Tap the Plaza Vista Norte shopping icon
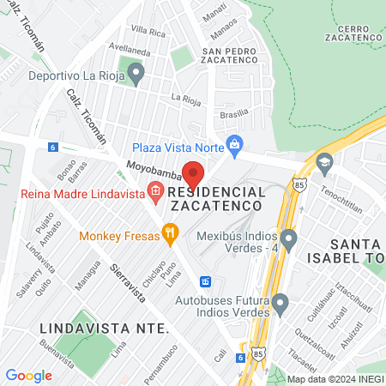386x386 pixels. (232, 142)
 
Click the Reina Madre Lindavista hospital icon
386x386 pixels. (156, 192)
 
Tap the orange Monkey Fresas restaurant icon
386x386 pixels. (171, 231)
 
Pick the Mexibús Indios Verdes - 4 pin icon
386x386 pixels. (289, 237)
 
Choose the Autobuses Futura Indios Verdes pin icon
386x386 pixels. (280, 302)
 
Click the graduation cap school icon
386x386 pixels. (324, 162)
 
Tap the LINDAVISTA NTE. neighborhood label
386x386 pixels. (103, 329)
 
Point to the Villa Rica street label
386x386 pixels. (148, 33)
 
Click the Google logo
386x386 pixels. (28, 376)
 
